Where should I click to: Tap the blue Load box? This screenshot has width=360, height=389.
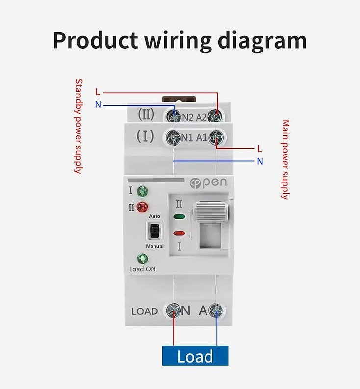point(195,356)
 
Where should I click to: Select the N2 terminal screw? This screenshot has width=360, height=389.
point(174,117)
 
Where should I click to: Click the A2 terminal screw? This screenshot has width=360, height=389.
point(214,117)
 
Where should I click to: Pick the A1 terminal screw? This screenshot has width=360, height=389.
point(216,138)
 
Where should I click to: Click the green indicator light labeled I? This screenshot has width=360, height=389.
point(142,191)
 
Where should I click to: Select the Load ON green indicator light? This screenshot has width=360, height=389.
point(143,259)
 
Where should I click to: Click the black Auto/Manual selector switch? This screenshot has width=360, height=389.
point(154,230)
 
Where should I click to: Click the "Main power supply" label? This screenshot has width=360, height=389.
point(285,159)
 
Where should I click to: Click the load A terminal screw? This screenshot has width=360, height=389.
point(216,311)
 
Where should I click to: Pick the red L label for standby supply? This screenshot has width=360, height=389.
point(98,92)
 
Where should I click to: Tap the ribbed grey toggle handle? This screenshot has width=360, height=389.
point(210,212)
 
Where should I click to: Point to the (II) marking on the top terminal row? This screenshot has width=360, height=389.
point(146,115)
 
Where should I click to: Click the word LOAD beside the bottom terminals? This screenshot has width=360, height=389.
point(145,311)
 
